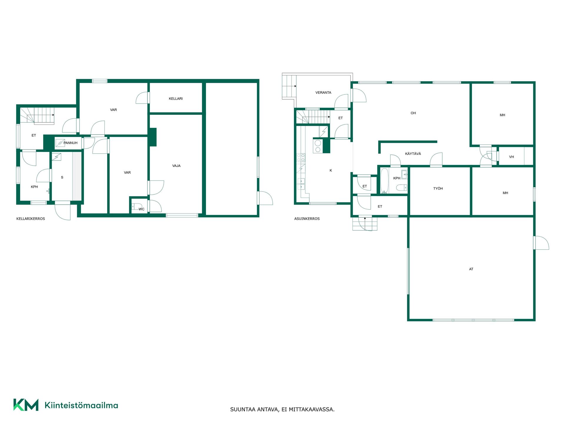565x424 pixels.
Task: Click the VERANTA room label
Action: tap(323, 92)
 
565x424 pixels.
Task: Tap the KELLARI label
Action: tap(176, 99)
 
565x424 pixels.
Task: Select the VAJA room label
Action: tap(176, 166)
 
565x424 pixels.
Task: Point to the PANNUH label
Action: tap(70, 143)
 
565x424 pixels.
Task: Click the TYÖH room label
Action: tap(438, 188)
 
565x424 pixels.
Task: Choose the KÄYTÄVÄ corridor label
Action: tap(413, 154)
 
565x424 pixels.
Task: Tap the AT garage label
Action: tap(471, 269)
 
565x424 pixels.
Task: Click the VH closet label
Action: tap(511, 157)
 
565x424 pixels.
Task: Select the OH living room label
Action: tap(413, 113)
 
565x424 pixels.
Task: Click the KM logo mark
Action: tap(26, 405)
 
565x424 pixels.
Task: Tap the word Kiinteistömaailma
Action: tap(81, 405)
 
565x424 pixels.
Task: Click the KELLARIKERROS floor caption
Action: tap(31, 219)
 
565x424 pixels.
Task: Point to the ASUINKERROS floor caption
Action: tap(307, 219)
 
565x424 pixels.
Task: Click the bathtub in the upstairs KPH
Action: tap(384, 181)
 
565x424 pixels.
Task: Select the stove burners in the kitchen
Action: tap(318, 146)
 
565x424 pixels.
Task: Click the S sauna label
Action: tap(62, 177)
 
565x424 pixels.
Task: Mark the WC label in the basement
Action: tap(142, 209)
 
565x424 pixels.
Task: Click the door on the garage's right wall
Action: tap(541, 243)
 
